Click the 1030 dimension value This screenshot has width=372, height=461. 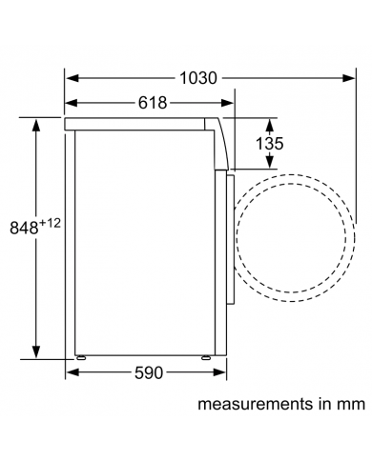point(198,78)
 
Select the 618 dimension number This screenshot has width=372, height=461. point(153,103)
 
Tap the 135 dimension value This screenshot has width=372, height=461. point(270,144)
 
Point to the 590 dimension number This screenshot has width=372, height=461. point(149,372)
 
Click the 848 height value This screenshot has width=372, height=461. point(24,228)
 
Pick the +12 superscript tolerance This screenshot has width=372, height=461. point(50,224)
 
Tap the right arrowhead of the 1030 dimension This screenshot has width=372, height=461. point(349,78)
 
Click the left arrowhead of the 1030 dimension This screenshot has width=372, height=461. point(72,78)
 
